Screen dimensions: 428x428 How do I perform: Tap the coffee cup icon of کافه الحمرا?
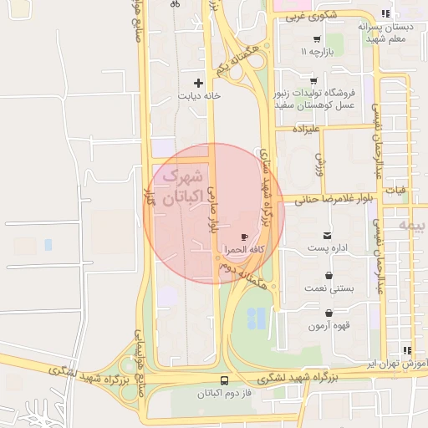pyautogui.click(x=244, y=237)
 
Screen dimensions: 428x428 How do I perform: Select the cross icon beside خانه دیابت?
pyautogui.click(x=198, y=83)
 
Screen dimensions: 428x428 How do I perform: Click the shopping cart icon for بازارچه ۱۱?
pyautogui.click(x=316, y=39)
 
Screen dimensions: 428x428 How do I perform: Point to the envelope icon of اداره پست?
pyautogui.click(x=326, y=236)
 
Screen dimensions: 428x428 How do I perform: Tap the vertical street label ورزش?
pyautogui.click(x=319, y=162)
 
